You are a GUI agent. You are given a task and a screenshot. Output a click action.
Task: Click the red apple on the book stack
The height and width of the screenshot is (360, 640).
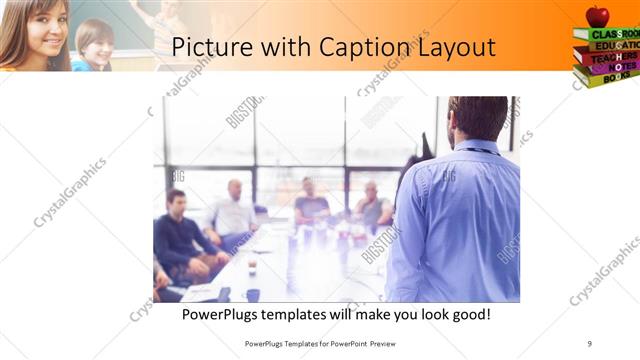(x=598, y=15)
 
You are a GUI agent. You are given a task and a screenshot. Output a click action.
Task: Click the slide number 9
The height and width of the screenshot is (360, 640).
(x=589, y=343)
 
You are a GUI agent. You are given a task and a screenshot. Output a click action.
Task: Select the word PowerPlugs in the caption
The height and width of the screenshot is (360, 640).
(x=221, y=315)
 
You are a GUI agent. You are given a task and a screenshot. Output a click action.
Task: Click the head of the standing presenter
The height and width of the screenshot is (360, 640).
(x=478, y=117)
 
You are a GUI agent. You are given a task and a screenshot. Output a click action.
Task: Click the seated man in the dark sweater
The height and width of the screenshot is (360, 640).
(x=179, y=231)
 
